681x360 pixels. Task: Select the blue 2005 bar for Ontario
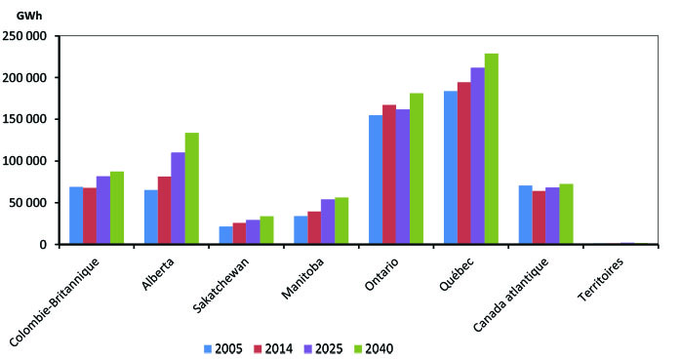tap(375, 180)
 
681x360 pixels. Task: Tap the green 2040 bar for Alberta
tap(191, 188)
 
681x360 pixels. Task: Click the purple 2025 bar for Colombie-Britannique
tap(103, 210)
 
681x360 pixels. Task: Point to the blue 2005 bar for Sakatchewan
tap(225, 235)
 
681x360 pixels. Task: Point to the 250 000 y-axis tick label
tap(26, 36)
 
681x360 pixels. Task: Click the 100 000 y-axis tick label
tap(26, 161)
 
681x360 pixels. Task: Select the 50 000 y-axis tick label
tap(29, 203)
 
